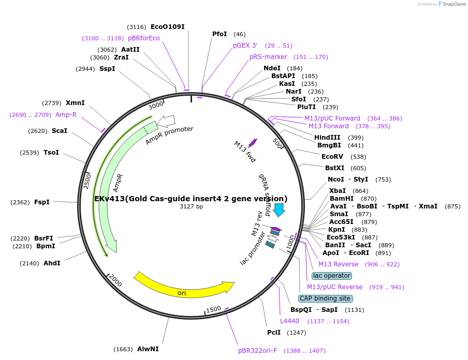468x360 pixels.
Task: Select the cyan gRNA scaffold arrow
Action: [279, 209]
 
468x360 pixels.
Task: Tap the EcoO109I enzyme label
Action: [167, 26]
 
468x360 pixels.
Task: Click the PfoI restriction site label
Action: [220, 34]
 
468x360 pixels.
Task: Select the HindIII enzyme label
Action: [327, 138]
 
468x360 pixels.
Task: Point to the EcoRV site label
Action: [332, 156]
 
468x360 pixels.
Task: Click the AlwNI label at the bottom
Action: [148, 349]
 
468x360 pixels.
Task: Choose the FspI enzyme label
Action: [42, 202]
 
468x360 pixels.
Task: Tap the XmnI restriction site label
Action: [75, 103]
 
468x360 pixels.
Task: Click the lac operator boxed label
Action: [332, 276]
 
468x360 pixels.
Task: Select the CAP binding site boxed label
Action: [326, 298]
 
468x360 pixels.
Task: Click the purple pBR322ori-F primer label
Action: [257, 351]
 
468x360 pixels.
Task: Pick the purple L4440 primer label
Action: [289, 321]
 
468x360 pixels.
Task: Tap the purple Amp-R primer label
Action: [66, 115]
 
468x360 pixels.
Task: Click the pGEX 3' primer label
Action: [245, 46]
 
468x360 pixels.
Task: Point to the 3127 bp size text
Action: [191, 207]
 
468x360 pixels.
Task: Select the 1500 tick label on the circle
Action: [213, 310]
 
